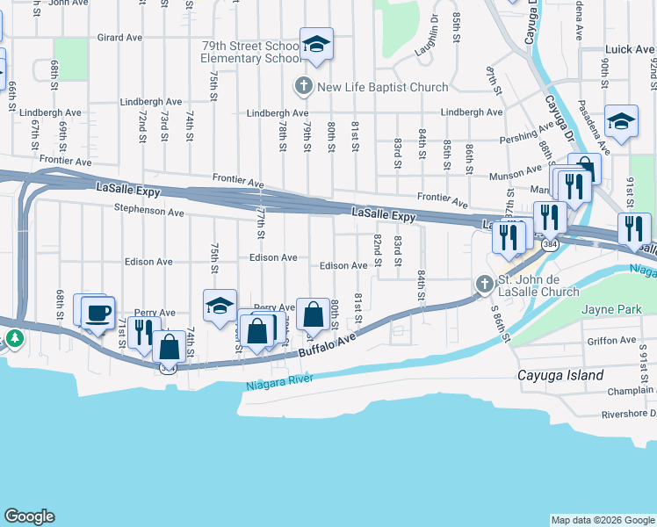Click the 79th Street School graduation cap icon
coord(315,44)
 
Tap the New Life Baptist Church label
coord(382,87)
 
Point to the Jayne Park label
coord(609,309)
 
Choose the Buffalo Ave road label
coord(328,344)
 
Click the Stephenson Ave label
coord(148,212)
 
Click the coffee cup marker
coord(97,312)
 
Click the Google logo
coord(29,516)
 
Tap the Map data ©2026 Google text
coord(603,520)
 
